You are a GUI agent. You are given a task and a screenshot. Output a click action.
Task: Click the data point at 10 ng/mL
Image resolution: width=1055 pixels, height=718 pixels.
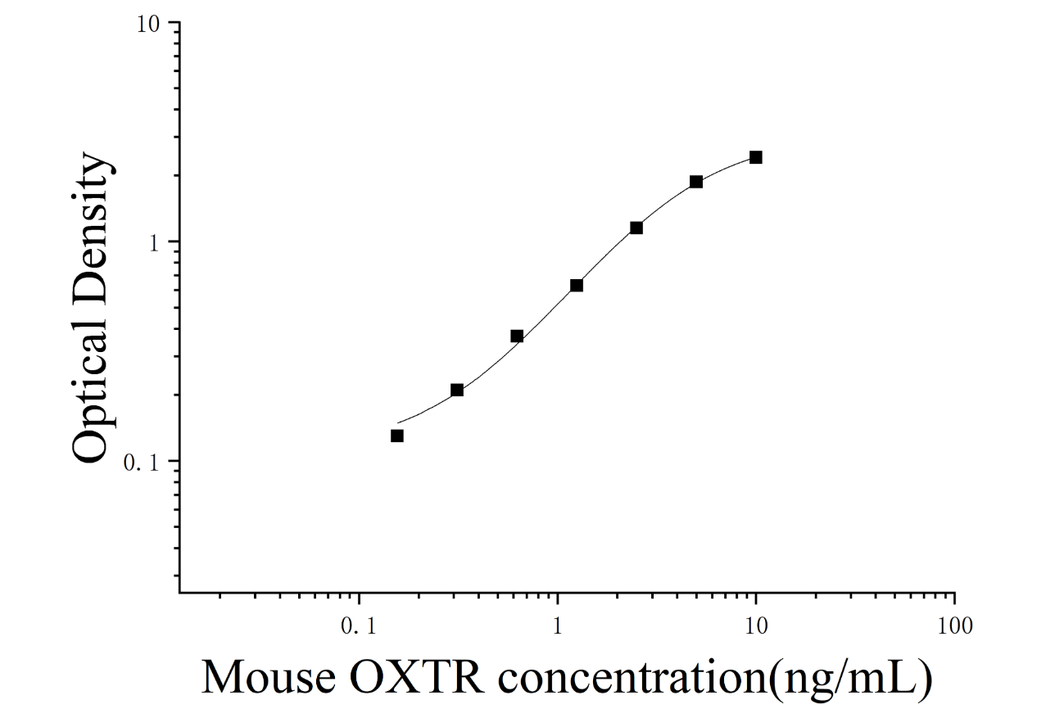[x=755, y=157]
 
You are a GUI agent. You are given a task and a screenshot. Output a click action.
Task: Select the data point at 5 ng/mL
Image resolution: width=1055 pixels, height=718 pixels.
[x=696, y=182]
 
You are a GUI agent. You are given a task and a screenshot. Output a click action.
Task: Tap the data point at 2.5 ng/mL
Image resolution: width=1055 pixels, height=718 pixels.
[x=636, y=228]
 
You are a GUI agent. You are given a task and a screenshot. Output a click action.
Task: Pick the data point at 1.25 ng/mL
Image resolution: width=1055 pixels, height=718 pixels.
[x=577, y=285]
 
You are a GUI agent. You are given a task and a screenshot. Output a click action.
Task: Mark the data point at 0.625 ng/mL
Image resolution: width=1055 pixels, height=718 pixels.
[x=517, y=336]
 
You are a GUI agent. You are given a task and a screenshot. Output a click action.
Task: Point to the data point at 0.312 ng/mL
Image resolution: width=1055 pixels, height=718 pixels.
[x=457, y=390]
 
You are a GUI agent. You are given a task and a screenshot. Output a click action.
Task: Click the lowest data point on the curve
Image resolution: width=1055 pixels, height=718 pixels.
[x=397, y=436]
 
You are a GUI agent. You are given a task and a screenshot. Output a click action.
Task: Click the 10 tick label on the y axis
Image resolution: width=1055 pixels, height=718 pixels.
[x=149, y=24]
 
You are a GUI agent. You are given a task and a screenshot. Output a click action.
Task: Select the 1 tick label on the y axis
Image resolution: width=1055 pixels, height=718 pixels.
[x=155, y=243]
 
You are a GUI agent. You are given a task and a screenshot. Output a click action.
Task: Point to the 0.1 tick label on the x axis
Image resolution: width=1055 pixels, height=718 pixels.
[x=359, y=626]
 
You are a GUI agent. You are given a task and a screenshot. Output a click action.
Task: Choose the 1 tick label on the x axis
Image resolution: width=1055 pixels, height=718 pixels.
[x=558, y=626]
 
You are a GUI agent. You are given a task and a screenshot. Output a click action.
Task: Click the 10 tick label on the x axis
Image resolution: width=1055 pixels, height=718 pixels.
[x=756, y=626]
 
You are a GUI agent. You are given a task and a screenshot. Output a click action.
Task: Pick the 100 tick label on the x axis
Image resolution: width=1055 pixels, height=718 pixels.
[x=955, y=626]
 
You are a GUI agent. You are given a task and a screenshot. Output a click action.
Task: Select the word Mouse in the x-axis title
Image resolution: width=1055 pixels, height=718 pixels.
[x=269, y=679]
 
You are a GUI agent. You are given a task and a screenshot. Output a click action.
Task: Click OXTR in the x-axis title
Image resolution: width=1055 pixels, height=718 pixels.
[x=417, y=679]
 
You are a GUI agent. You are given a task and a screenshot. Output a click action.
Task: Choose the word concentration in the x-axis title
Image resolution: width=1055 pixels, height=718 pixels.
[x=633, y=680]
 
